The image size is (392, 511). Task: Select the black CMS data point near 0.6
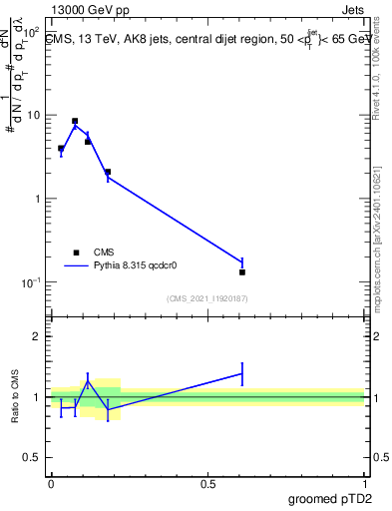[242, 271]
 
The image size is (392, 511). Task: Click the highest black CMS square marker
[75, 121]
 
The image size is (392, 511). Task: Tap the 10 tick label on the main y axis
[35, 115]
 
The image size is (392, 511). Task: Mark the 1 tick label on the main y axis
[40, 199]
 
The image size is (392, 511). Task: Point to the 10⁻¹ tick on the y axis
[33, 282]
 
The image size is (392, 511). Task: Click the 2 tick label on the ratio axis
[40, 336]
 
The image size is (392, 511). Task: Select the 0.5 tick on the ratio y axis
[35, 458]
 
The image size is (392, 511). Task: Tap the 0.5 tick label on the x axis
[207, 484]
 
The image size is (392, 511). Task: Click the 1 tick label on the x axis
[364, 484]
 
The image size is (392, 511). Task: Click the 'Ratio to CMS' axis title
[14, 396]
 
